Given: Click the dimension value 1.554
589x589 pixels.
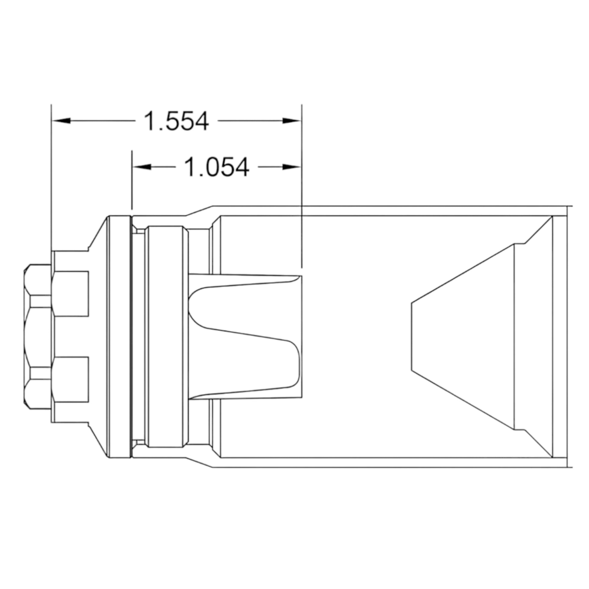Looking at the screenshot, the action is (x=176, y=121).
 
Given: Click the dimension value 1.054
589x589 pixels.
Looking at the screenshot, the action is (x=217, y=167).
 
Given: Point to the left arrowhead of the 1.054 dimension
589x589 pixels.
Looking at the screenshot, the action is (x=141, y=167).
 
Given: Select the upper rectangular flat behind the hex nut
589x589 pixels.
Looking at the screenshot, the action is (x=70, y=294).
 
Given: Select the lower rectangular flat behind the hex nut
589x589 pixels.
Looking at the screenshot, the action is (x=70, y=380).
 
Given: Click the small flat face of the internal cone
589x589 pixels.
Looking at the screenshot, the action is (x=412, y=337).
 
